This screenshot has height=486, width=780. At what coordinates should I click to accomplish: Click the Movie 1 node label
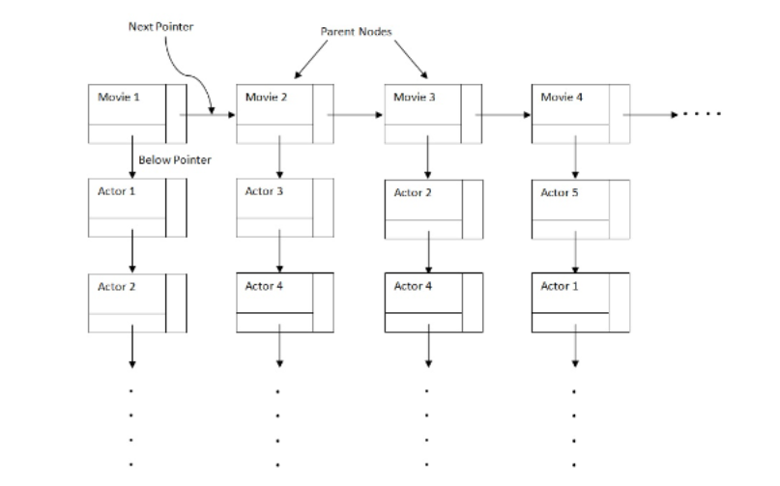118,98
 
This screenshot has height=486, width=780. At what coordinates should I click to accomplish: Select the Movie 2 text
265,98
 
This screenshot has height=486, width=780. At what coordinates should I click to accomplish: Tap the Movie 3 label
414,98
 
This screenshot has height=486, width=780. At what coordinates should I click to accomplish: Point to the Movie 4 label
562,98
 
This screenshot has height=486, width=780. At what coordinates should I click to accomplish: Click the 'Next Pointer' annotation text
160,26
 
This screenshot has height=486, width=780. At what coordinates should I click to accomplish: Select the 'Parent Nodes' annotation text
356,32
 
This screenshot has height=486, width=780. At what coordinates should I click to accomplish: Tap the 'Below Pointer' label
174,159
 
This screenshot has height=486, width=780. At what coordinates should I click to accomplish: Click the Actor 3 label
264,191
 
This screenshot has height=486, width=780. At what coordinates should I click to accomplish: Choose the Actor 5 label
560,192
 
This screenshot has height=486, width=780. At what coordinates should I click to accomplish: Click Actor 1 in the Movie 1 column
117,191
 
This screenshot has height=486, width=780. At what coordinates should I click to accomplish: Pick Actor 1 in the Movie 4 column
560,286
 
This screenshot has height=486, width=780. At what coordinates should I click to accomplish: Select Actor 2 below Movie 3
413,193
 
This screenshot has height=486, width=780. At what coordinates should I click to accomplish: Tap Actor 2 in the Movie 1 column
117,286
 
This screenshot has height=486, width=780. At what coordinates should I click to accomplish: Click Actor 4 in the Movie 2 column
264,286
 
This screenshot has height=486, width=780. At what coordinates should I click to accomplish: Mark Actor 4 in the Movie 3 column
413,286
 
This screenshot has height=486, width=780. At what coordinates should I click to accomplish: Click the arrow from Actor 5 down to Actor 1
576,255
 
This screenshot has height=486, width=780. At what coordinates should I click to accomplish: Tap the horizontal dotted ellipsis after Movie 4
702,114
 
